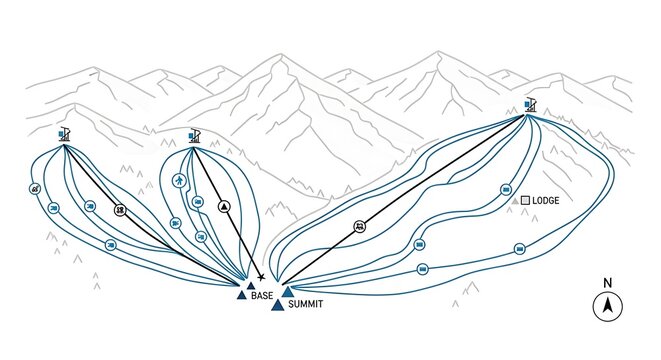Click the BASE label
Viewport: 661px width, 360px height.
(x=262, y=296)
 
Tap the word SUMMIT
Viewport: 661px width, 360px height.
(x=306, y=304)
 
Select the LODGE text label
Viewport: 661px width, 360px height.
(x=546, y=201)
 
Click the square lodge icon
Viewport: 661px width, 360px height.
(x=525, y=201)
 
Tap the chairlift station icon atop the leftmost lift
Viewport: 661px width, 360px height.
(x=64, y=133)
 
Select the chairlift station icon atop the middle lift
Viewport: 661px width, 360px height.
(x=194, y=135)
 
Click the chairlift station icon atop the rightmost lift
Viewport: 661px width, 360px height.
(x=529, y=104)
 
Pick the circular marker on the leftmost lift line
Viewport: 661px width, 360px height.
(x=120, y=210)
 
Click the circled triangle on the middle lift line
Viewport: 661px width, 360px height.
(x=224, y=206)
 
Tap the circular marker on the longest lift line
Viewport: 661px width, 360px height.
(x=359, y=227)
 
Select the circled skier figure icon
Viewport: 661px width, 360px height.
(x=180, y=181)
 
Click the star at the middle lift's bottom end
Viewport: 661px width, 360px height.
(x=261, y=277)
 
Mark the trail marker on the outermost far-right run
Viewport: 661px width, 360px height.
(x=519, y=248)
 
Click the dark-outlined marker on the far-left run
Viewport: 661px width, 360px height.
(x=36, y=188)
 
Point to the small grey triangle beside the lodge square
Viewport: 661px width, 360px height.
(x=515, y=202)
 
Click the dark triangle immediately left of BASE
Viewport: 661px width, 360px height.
(x=241, y=295)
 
